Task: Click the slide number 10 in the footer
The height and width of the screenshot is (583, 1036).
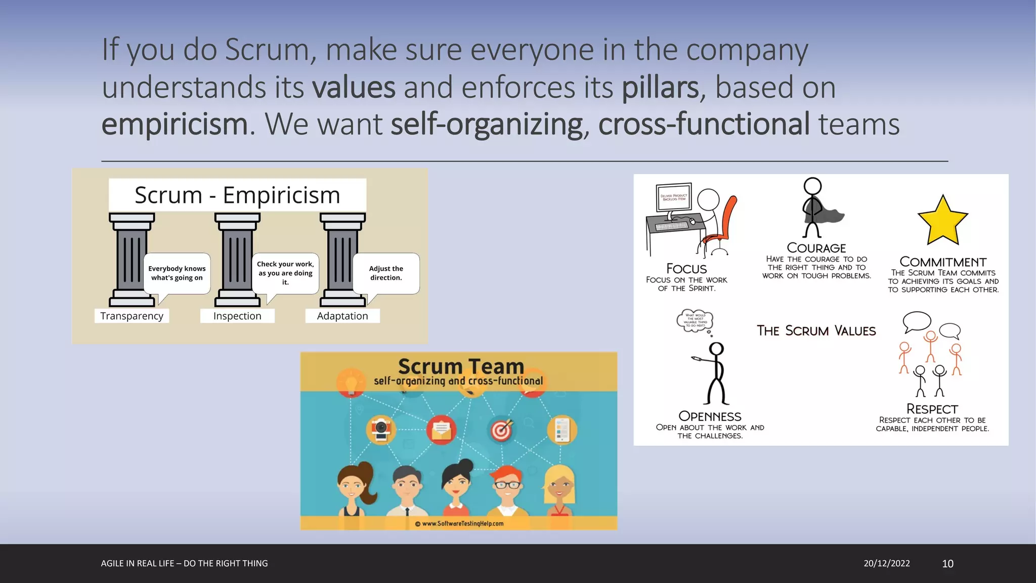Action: [947, 564]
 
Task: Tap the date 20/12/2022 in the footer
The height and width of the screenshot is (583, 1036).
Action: [886, 563]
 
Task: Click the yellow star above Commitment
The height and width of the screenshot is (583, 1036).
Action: [942, 221]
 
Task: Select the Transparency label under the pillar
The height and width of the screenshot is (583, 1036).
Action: [132, 316]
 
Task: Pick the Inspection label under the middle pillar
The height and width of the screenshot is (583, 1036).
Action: [237, 316]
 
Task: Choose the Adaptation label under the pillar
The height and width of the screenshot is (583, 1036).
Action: [342, 316]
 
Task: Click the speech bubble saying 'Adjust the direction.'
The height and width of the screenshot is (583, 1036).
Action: [386, 273]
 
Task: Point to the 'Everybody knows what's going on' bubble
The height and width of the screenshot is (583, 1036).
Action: [177, 273]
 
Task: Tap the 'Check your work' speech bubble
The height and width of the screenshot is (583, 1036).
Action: [285, 273]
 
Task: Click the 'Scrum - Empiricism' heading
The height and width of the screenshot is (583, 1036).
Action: [237, 195]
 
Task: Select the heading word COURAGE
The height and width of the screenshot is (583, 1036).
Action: [816, 248]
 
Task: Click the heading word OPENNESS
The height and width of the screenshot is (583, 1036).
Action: [710, 416]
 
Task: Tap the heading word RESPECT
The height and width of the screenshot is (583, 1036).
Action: [932, 409]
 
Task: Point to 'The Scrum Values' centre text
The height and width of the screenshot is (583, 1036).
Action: [816, 331]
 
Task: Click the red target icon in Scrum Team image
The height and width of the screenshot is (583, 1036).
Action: [501, 430]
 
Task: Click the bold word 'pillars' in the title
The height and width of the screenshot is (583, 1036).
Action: [660, 87]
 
